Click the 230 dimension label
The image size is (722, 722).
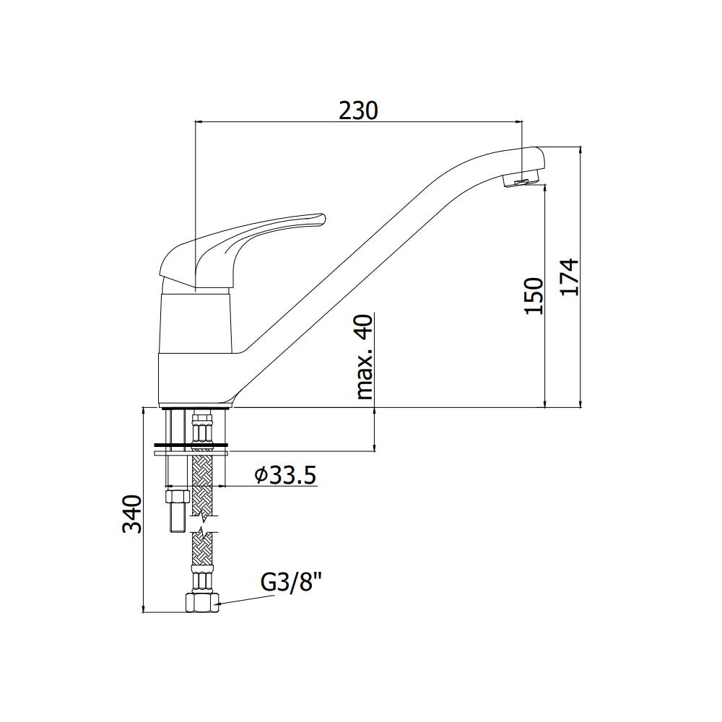358,110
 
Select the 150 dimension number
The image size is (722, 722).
534,295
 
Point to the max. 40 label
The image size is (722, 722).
365,357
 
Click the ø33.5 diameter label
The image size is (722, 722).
286,475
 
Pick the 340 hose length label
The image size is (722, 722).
131,514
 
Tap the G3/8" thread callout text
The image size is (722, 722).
291,584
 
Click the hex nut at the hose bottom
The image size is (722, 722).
201,602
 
